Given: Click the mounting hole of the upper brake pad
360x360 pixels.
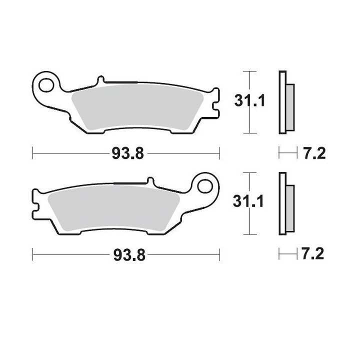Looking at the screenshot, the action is click(46, 85).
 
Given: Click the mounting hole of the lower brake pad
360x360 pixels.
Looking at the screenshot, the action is click(205, 186).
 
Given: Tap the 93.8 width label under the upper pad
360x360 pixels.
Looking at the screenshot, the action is click(127, 153).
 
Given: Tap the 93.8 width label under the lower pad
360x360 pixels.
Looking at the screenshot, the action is click(129, 255).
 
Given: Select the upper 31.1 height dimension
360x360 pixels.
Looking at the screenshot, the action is click(249, 100).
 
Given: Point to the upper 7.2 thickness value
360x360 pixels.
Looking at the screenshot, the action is click(315, 153).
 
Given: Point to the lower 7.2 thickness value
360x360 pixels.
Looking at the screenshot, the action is click(312, 253).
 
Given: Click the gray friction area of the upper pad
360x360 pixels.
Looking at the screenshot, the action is click(137, 107).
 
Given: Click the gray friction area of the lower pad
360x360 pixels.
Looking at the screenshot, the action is click(113, 208).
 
